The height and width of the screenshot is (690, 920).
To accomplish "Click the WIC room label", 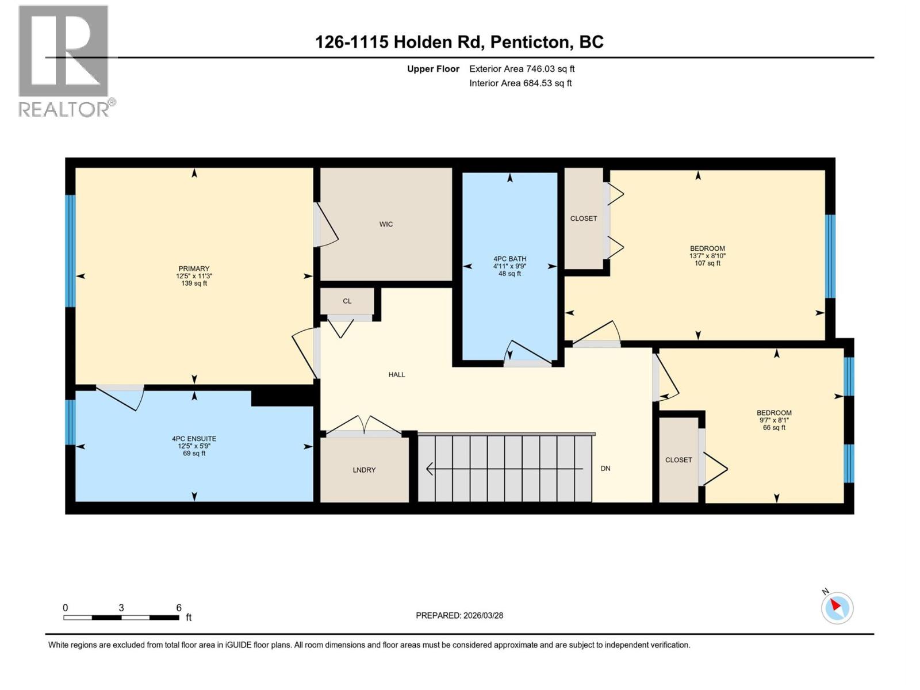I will [x=386, y=224].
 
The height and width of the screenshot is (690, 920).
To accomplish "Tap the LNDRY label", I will [x=364, y=470].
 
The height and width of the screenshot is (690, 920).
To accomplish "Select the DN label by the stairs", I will [x=605, y=469].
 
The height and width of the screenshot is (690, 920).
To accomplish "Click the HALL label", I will [x=397, y=374].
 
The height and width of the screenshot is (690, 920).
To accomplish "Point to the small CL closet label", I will [x=347, y=301].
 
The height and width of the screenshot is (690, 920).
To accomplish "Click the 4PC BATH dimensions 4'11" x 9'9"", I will [x=509, y=266].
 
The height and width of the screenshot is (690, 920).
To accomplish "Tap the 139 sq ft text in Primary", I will [x=194, y=283].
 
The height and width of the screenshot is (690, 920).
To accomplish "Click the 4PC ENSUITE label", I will [x=194, y=439].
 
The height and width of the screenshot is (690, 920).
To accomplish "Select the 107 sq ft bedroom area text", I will [x=707, y=263].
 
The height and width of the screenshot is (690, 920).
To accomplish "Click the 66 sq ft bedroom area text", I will [x=774, y=428].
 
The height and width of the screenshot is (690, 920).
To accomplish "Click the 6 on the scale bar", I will [x=179, y=608].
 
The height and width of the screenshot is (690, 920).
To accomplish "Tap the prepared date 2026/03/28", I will [x=483, y=615].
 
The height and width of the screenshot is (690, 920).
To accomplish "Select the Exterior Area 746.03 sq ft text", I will [x=522, y=69].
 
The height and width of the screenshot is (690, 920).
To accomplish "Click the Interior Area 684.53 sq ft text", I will [x=520, y=83].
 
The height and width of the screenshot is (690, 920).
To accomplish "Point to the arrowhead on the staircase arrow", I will [x=430, y=469].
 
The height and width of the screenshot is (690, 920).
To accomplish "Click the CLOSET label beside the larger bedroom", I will [x=583, y=218].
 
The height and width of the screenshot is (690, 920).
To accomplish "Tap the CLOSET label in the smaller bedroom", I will [x=678, y=460].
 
